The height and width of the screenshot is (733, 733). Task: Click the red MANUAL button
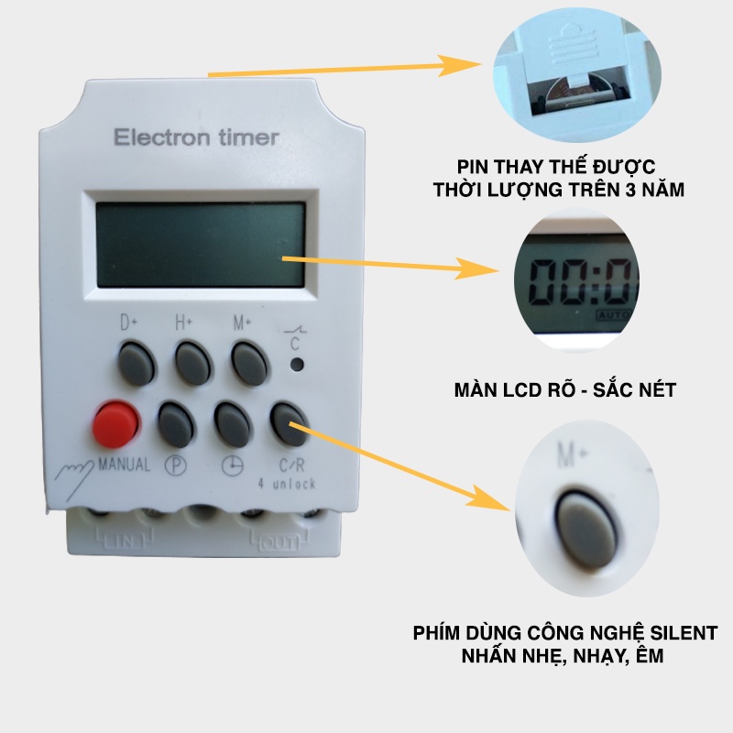point(115,423)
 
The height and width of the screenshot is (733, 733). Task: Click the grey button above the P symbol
point(177,423)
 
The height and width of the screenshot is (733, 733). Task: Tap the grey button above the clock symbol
point(234,423)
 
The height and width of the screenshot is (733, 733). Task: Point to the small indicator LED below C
point(296,365)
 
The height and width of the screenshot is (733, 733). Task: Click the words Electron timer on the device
point(195,137)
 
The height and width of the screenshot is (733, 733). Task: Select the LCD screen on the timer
point(201,244)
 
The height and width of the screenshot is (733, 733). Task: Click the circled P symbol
point(175,465)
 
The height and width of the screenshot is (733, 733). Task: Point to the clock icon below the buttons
point(235,465)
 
